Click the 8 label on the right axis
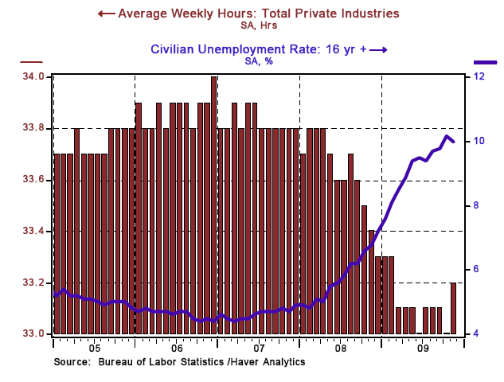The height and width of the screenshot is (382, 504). (x=476, y=205)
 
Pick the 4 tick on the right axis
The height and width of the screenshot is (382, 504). (x=476, y=333)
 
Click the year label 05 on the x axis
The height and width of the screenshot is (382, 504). (x=93, y=349)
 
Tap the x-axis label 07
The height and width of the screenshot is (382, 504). (x=258, y=349)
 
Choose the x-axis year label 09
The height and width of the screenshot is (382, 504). (x=423, y=349)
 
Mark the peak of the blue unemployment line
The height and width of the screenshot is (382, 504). (x=447, y=136)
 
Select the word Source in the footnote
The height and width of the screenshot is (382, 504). (x=72, y=362)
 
